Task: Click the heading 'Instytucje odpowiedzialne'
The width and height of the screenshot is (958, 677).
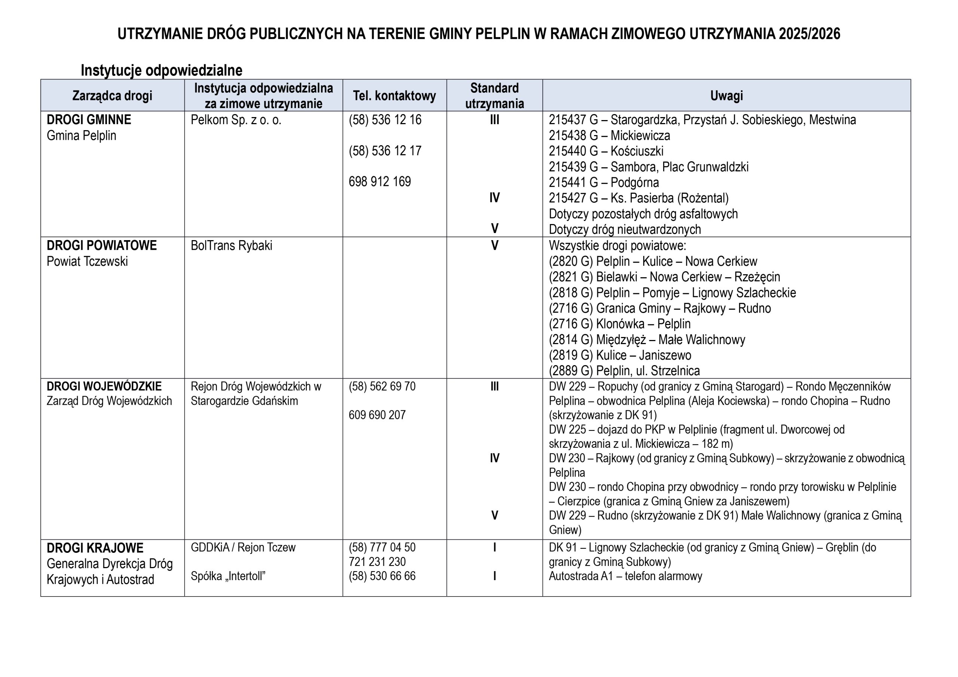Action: coord(161,70)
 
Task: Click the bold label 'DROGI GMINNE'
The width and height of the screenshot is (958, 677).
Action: coord(89,120)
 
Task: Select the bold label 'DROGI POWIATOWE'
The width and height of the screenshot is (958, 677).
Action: coord(102,246)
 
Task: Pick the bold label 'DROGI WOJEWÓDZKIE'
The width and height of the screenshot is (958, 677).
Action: coord(104,386)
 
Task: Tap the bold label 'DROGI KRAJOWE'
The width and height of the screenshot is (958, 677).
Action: coord(95,548)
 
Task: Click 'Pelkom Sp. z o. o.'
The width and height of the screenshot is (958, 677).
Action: coord(236,120)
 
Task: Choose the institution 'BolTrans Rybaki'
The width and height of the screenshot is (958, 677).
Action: coord(232,246)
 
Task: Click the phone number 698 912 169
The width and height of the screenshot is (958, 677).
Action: coord(380,182)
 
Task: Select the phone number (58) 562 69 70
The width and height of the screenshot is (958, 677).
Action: coord(382,387)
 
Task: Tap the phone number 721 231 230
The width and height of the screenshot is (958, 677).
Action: coord(377,562)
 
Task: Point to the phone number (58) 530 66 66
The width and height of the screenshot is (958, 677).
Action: coord(382,576)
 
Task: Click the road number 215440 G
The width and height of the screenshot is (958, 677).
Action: coord(573,151)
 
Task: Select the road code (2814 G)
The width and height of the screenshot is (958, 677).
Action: coord(571,340)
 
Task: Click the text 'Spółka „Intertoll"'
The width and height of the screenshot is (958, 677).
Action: coord(228,576)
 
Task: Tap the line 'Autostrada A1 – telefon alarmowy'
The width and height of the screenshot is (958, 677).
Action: coord(625,576)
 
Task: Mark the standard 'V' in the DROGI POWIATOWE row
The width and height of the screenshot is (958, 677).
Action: coord(494,246)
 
